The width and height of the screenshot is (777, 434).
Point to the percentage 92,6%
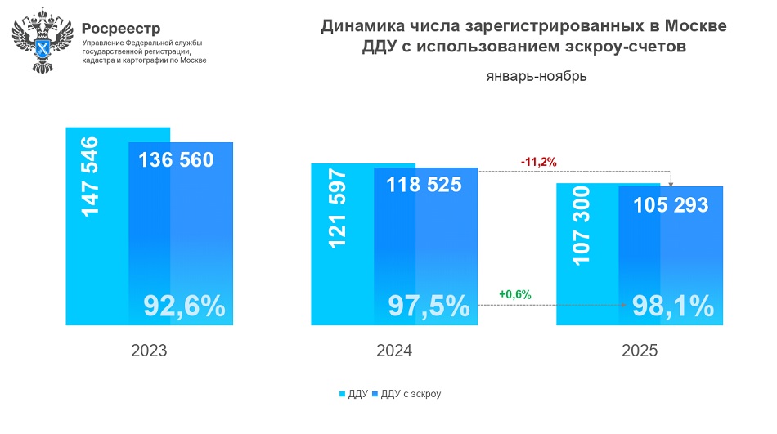(184, 305)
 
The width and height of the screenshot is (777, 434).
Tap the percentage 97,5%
(429, 306)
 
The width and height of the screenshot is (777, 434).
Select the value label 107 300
(581, 226)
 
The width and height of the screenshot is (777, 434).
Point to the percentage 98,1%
(672, 306)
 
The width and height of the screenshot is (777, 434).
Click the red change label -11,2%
(538, 162)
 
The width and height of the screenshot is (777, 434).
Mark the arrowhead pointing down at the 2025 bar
(671, 185)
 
